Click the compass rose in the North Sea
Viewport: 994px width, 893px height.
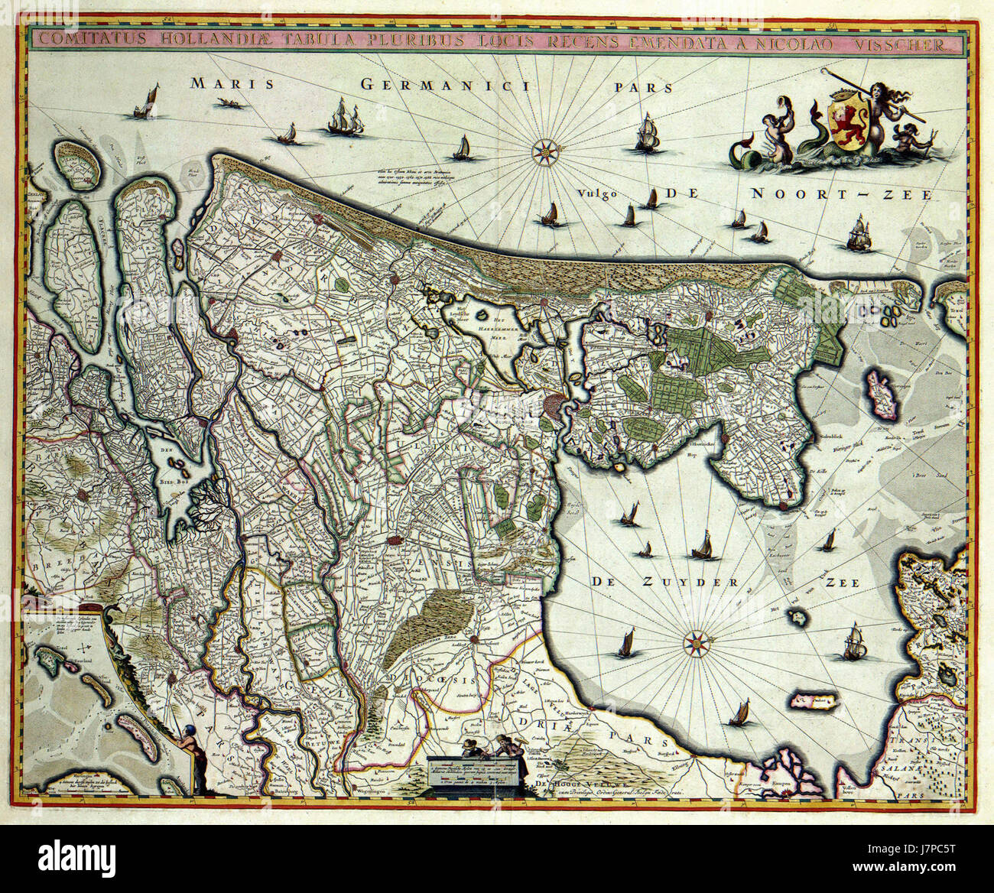(x=545, y=150)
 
